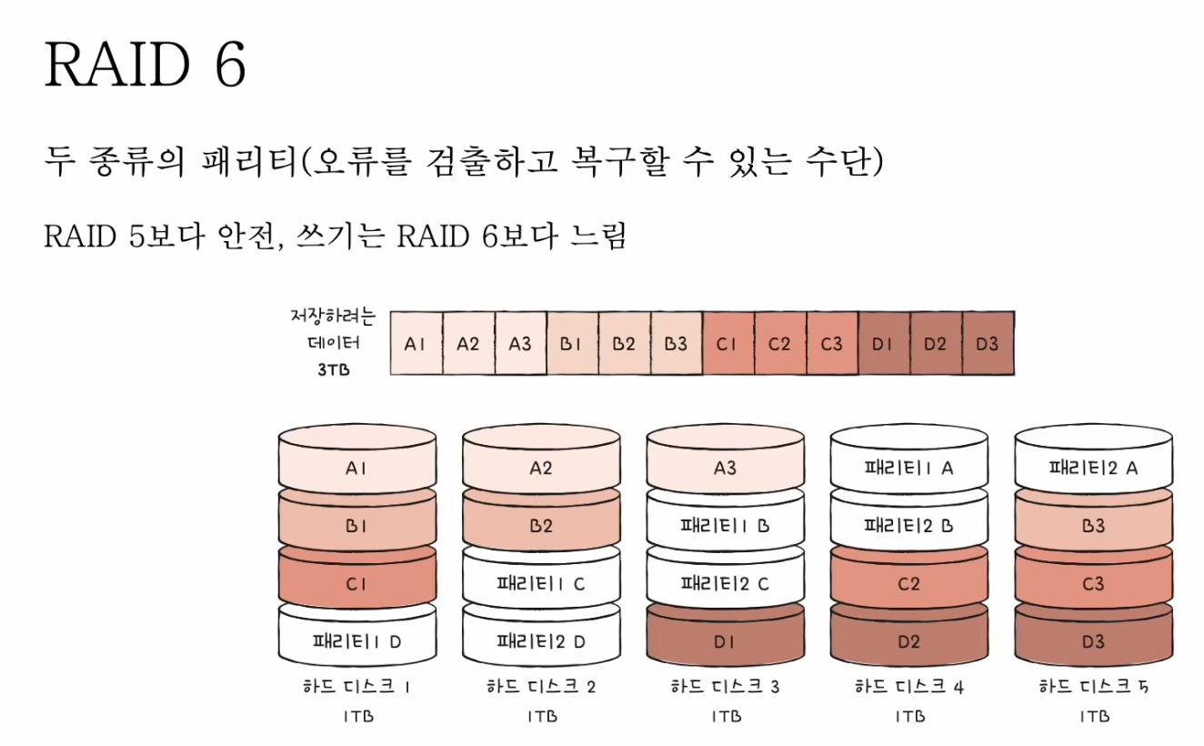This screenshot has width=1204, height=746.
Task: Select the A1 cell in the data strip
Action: pyautogui.click(x=416, y=344)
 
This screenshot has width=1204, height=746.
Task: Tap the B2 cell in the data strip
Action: pyautogui.click(x=624, y=344)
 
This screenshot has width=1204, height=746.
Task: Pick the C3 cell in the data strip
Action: pyautogui.click(x=831, y=344)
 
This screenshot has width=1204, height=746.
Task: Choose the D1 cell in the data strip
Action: pyautogui.click(x=883, y=344)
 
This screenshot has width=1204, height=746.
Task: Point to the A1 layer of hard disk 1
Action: pyautogui.click(x=356, y=469)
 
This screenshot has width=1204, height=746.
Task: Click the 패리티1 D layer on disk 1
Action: pyautogui.click(x=356, y=641)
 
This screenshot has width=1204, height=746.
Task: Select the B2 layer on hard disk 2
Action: pyautogui.click(x=541, y=526)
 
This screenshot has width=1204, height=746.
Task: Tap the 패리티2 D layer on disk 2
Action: pyautogui.click(x=541, y=641)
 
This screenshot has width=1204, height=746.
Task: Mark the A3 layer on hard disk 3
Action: pyautogui.click(x=725, y=469)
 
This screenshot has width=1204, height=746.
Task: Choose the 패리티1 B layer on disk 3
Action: pyautogui.click(x=725, y=526)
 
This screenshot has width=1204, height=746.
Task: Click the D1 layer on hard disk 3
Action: pyautogui.click(x=725, y=641)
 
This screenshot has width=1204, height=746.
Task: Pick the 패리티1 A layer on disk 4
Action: pyautogui.click(x=908, y=469)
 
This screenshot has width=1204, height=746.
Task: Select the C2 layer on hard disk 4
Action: pyautogui.click(x=908, y=584)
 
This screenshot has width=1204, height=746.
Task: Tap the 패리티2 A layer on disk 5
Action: pyautogui.click(x=1093, y=469)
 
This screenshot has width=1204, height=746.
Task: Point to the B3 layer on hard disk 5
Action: pyautogui.click(x=1093, y=526)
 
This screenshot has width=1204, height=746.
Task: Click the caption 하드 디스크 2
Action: pyautogui.click(x=541, y=687)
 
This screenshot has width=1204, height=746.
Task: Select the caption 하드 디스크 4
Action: pyautogui.click(x=908, y=687)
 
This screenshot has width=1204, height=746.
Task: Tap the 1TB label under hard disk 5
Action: pyautogui.click(x=1093, y=716)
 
